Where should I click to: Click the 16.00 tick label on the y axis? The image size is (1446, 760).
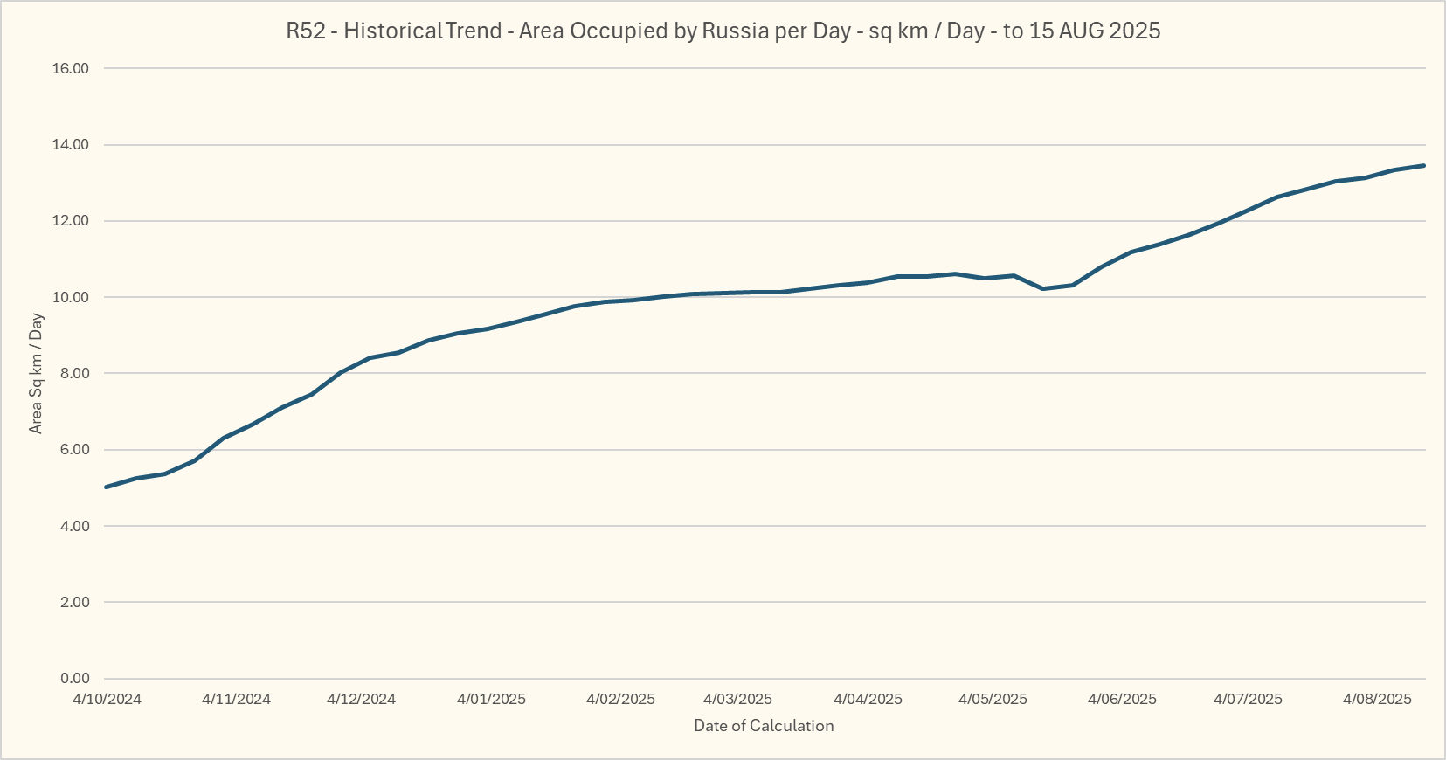(71, 68)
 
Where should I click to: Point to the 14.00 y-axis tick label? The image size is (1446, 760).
(71, 145)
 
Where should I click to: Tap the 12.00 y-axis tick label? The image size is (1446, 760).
(71, 221)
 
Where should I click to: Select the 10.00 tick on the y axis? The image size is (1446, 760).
(71, 297)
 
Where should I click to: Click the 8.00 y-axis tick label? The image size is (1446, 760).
(74, 374)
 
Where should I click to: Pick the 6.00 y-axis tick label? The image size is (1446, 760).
(74, 450)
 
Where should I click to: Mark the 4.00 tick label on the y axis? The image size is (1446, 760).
(74, 526)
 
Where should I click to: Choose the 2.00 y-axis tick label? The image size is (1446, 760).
(74, 603)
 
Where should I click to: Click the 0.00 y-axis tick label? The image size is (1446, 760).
(74, 679)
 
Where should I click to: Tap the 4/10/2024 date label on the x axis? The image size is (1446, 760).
(107, 699)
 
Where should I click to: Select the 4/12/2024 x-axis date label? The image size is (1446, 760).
(361, 699)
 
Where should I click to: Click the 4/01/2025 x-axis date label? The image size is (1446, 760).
(491, 699)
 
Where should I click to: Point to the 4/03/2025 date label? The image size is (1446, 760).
(737, 699)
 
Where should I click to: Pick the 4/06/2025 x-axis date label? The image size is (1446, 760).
(1122, 699)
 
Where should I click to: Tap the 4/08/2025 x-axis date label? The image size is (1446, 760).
(1377, 699)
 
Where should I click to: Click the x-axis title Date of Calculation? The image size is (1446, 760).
(764, 726)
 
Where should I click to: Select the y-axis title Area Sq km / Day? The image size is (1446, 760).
(36, 373)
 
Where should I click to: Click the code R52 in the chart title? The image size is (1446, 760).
(306, 31)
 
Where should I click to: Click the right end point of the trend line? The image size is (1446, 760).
(1424, 165)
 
